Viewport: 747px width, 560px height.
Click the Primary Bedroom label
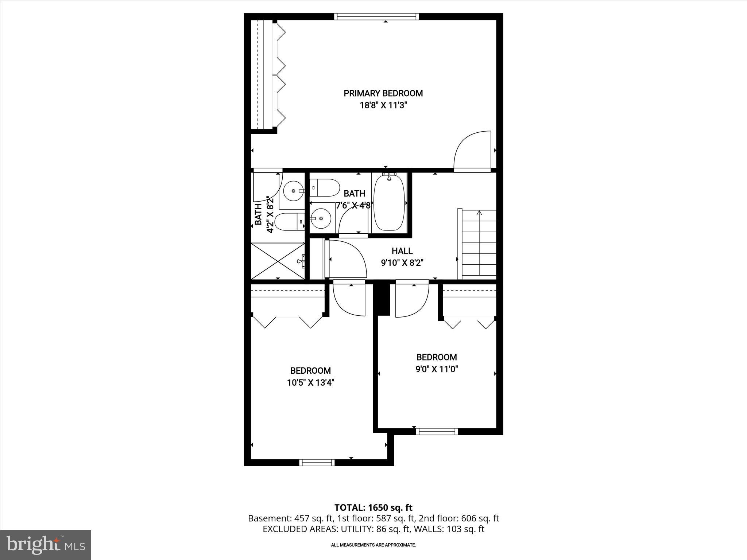point(383,93)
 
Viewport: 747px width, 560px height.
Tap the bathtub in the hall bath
point(389,203)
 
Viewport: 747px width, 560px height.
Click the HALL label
point(402,251)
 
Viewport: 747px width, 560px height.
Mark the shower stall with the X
point(278,261)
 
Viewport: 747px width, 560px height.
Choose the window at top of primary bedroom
point(376,16)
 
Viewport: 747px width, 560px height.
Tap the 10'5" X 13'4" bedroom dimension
point(310,383)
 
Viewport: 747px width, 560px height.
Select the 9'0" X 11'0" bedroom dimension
point(437,369)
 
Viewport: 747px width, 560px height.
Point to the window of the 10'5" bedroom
point(317,463)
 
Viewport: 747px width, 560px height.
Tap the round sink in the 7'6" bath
point(321,218)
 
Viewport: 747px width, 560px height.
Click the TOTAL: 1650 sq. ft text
point(373,507)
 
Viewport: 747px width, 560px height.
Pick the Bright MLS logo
point(46,545)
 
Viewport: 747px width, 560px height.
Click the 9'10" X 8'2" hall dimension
point(402,263)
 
